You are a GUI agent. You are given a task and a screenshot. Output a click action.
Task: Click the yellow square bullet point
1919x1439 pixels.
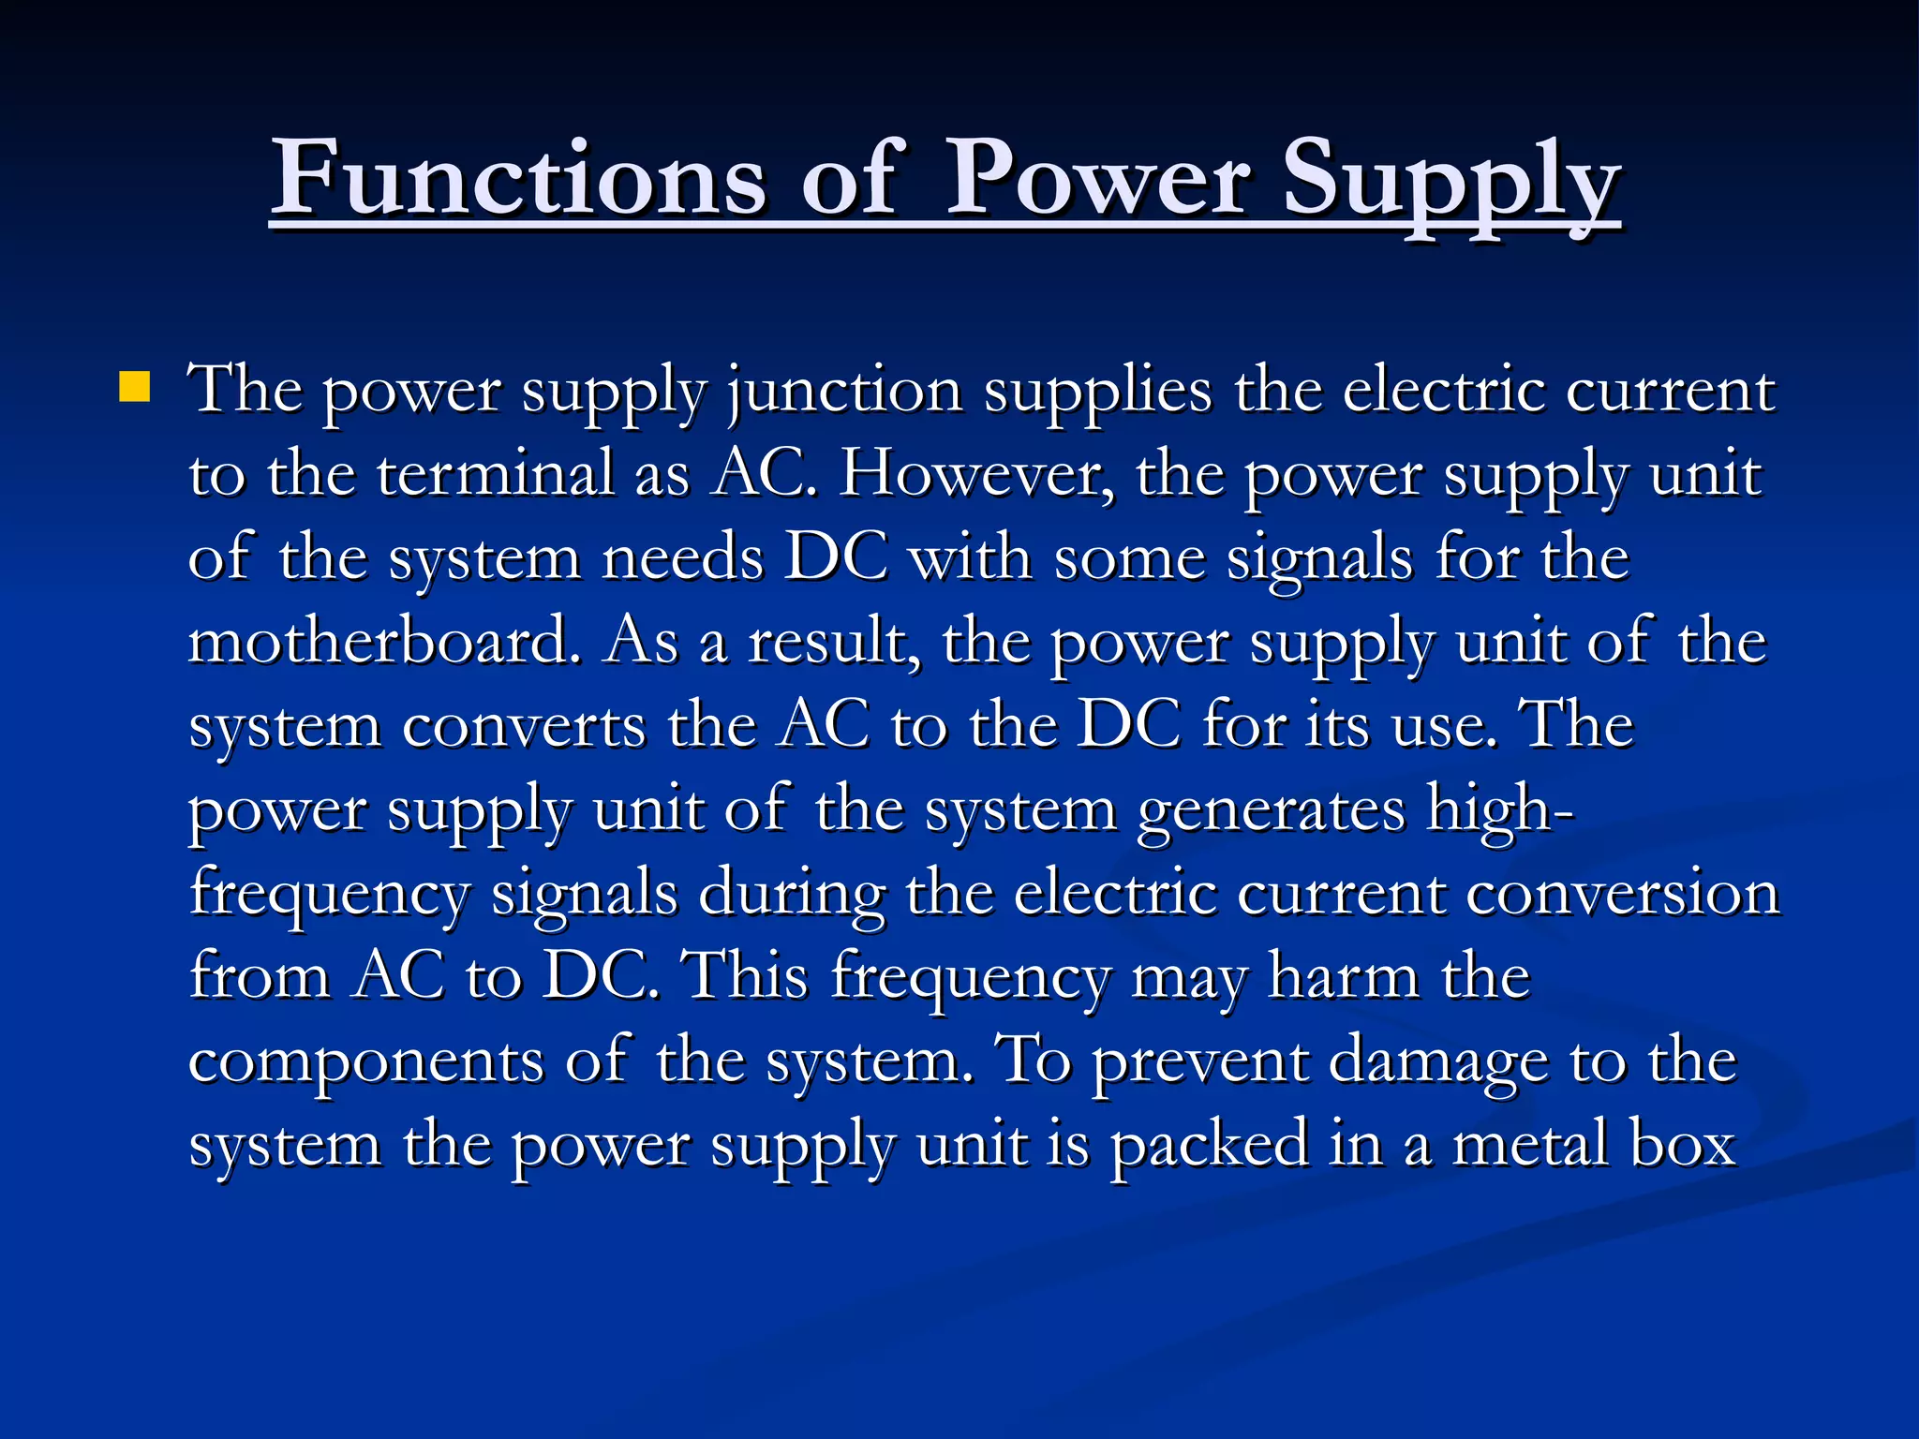135,387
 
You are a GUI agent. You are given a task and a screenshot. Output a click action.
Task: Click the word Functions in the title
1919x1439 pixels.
520,178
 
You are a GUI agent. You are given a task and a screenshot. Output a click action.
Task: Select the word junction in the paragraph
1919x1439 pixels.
844,391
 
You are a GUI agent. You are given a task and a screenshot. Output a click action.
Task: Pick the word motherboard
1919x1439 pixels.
385,642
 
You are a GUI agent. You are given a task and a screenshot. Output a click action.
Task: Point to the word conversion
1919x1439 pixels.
1622,893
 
